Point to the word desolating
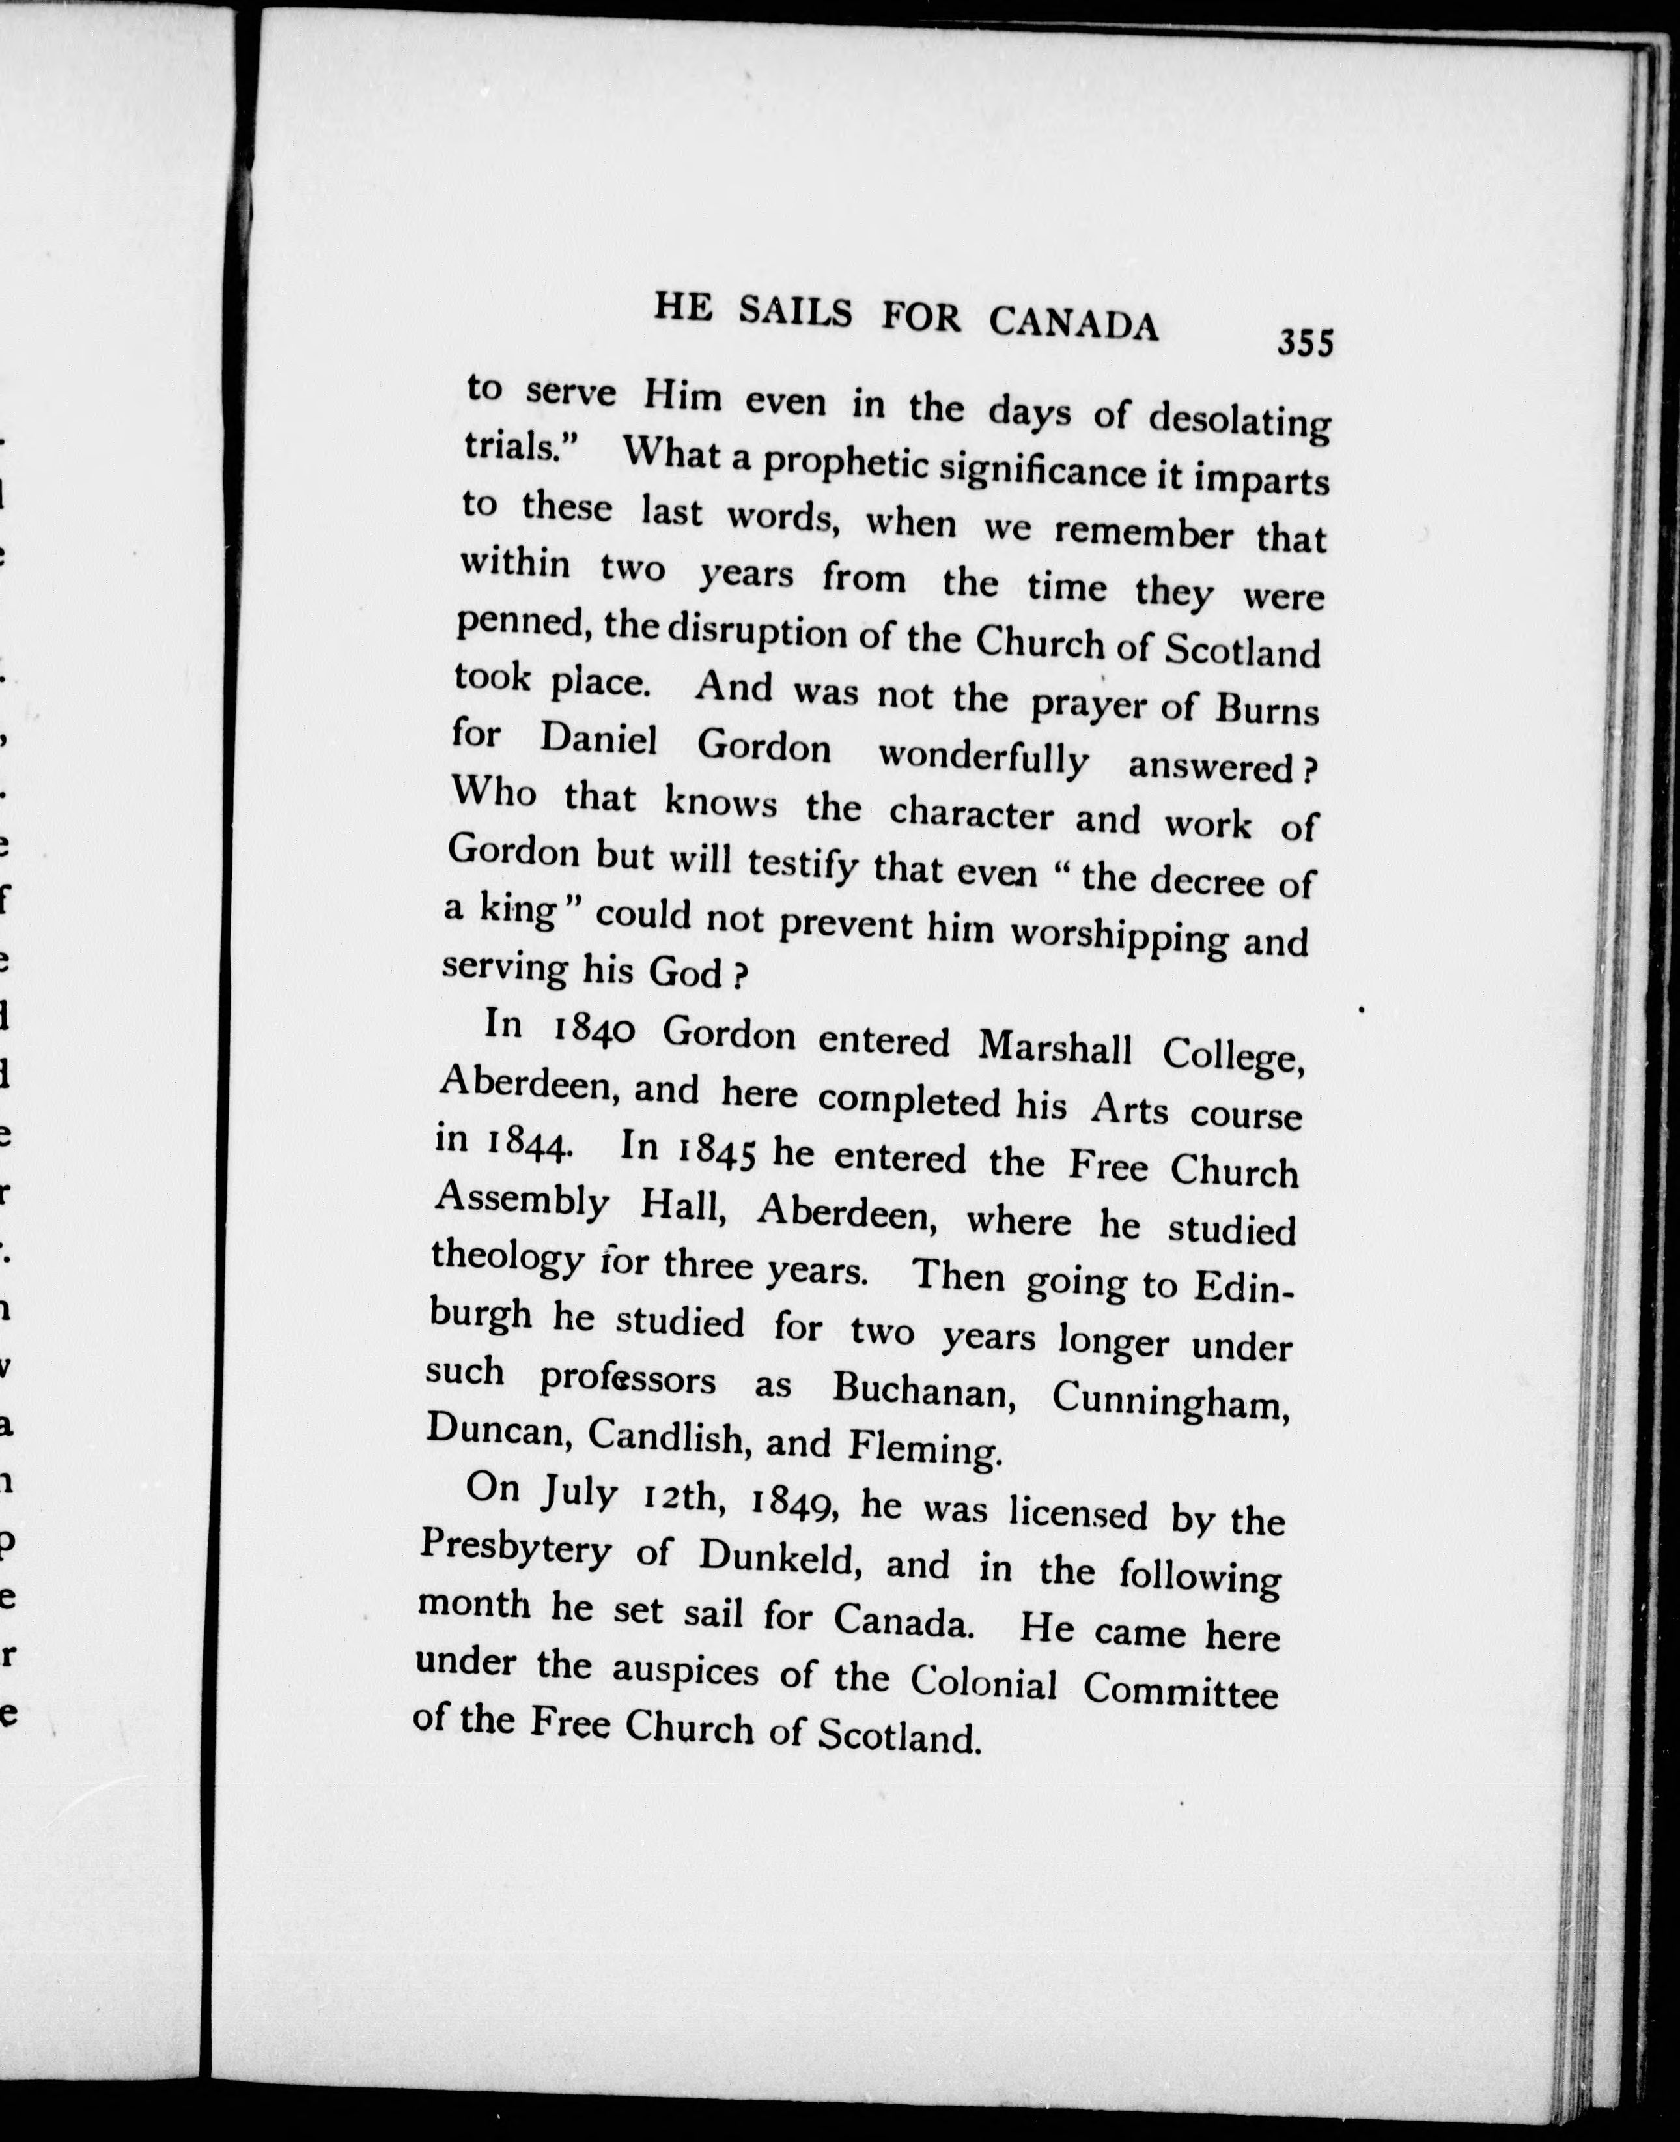(x=1239, y=423)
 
